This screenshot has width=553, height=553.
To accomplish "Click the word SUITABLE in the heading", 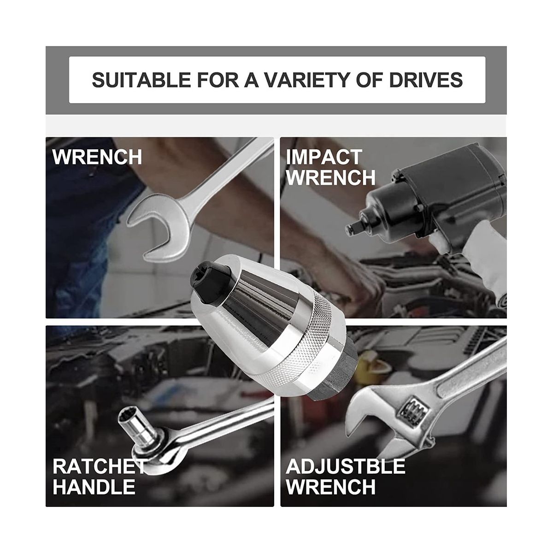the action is pyautogui.click(x=141, y=80).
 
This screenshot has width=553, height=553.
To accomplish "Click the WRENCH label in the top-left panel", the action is pyautogui.click(x=97, y=157).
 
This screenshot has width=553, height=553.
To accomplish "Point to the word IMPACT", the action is pyautogui.click(x=324, y=157).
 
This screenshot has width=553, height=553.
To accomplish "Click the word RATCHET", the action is pyautogui.click(x=99, y=466).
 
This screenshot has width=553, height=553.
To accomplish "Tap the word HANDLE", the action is pyautogui.click(x=94, y=487).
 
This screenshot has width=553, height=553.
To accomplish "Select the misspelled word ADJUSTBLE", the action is pyautogui.click(x=346, y=466).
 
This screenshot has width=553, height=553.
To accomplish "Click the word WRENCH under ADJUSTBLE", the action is pyautogui.click(x=331, y=487).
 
